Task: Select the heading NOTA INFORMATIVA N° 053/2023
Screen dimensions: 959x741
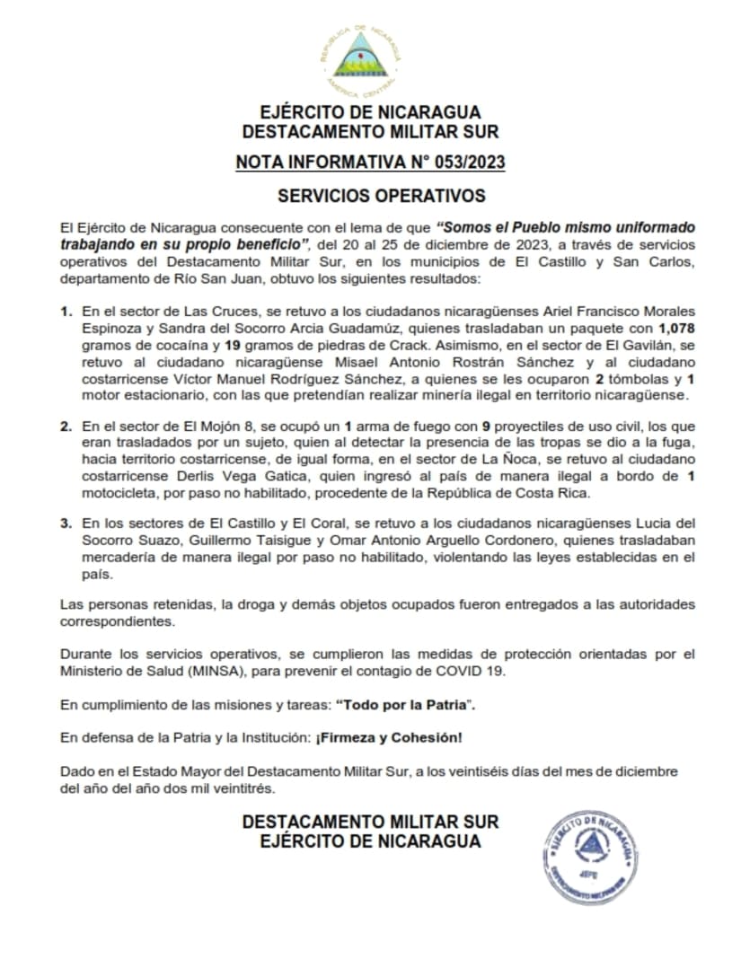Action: coord(370,163)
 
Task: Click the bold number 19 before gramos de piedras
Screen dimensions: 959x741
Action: coord(232,344)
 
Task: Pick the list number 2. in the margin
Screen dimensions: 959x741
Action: coord(66,427)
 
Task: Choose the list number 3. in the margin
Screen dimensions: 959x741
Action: coord(66,524)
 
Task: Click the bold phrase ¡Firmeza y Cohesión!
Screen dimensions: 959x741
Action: coord(389,737)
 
